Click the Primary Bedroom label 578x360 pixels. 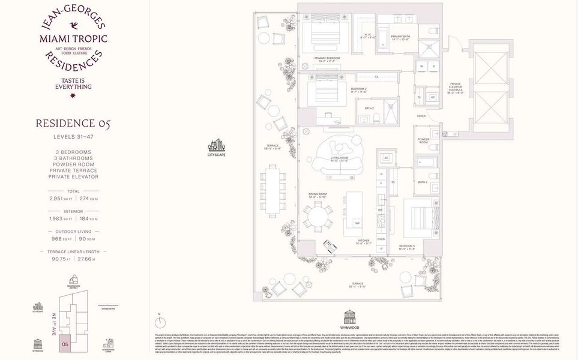tap(327, 59)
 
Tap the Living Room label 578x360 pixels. tap(339, 160)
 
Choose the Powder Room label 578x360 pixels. tap(424, 140)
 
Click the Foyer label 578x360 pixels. tap(421, 116)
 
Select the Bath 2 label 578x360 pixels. tap(369, 109)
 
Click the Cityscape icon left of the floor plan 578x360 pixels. tap(215, 145)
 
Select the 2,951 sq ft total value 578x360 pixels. tap(58, 198)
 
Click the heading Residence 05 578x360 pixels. tap(73, 124)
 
